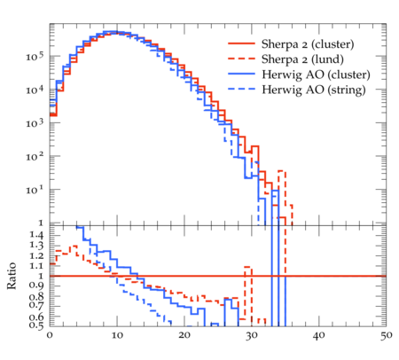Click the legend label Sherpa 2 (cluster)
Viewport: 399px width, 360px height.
[x=308, y=44]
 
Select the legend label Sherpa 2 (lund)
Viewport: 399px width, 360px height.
[x=302, y=59]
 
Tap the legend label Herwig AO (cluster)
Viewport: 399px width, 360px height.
[x=316, y=74]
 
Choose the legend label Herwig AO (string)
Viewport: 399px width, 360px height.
[x=314, y=90]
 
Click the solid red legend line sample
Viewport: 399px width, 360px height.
[x=241, y=43]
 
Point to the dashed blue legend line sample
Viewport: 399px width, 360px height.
[x=241, y=89]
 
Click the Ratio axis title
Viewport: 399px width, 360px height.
[x=12, y=276]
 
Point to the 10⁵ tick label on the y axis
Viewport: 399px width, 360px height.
[x=35, y=56]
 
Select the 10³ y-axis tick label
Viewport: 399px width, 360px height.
[x=35, y=122]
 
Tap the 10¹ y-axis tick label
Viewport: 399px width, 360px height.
[x=35, y=189]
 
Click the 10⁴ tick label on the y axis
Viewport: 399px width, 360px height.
[x=35, y=89]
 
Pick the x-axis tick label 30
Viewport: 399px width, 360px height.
[x=252, y=335]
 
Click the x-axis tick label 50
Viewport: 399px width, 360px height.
[x=386, y=335]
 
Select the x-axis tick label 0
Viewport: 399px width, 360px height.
[x=50, y=335]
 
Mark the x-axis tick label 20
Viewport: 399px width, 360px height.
[x=184, y=335]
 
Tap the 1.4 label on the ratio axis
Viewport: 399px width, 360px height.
[x=36, y=235]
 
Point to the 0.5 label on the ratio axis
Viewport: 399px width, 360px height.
[x=36, y=325]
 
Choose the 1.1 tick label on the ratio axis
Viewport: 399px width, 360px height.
[x=36, y=266]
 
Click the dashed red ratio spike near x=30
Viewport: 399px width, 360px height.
[x=248, y=293]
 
